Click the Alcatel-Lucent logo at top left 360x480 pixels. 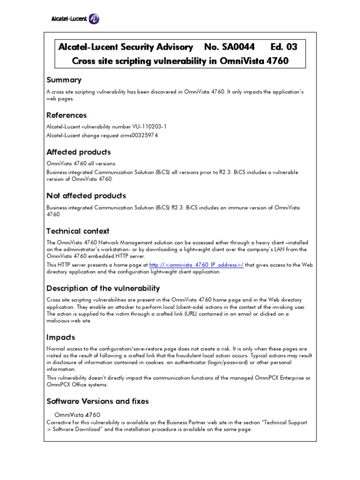(75, 19)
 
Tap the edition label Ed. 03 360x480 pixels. (284, 47)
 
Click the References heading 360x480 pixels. (67, 115)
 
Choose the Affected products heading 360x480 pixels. (79, 152)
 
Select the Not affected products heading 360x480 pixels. (86, 196)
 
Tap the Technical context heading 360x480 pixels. (78, 231)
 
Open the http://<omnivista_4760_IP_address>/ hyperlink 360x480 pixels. (196, 265)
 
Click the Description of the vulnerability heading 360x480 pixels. (103, 288)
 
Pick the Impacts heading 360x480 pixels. (61, 337)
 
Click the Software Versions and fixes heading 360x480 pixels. (97, 401)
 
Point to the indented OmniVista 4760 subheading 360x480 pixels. (77, 415)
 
